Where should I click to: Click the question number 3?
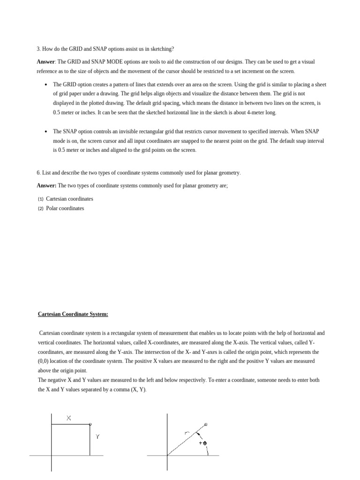tap(38, 49)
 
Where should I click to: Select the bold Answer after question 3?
tap(46, 61)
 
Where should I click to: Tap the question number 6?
tap(38, 172)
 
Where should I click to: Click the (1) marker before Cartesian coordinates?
tap(41, 199)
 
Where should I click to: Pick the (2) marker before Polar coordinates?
tap(41, 208)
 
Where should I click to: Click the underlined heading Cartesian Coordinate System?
tap(73, 314)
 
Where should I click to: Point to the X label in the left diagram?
tap(69, 419)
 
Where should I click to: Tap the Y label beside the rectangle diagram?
tap(97, 436)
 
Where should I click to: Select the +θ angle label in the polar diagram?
tap(202, 443)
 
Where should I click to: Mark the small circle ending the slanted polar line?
tap(206, 425)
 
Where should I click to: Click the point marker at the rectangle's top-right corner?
tap(90, 424)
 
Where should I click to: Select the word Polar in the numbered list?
tap(52, 208)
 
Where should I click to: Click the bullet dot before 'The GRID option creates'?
tap(45, 85)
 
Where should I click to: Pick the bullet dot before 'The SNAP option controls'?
tap(45, 132)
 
